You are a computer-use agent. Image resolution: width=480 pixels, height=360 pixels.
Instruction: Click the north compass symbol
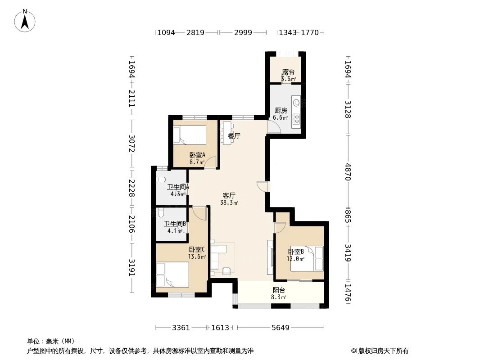pyautogui.click(x=26, y=20)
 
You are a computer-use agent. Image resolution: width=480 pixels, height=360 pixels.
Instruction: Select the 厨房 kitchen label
pyautogui.click(x=281, y=114)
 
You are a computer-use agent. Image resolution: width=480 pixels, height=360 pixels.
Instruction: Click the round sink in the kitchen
pyautogui.click(x=296, y=102)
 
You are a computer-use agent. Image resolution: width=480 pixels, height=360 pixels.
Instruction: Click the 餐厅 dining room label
pyautogui.click(x=234, y=136)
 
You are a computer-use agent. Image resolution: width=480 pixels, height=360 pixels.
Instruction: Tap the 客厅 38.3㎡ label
pyautogui.click(x=229, y=199)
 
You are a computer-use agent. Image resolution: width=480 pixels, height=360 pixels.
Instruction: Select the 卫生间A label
pyautogui.click(x=178, y=190)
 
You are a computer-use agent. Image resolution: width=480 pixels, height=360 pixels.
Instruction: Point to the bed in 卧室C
pyautogui.click(x=172, y=275)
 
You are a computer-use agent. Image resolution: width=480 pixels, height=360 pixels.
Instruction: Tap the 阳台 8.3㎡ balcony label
pyautogui.click(x=279, y=293)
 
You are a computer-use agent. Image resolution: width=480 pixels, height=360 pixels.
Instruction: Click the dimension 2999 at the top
pyautogui.click(x=243, y=32)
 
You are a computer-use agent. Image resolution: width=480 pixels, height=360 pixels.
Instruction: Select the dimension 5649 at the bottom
pyautogui.click(x=280, y=328)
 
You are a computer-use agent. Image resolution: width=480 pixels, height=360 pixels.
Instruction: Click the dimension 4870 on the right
pyautogui.click(x=348, y=171)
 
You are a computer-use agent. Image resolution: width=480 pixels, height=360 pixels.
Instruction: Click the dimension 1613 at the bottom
pyautogui.click(x=220, y=328)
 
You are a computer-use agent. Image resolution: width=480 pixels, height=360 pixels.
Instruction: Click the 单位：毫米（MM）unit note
pyautogui.click(x=51, y=342)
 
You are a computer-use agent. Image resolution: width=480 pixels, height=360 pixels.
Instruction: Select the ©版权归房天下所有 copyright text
pyautogui.click(x=380, y=351)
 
